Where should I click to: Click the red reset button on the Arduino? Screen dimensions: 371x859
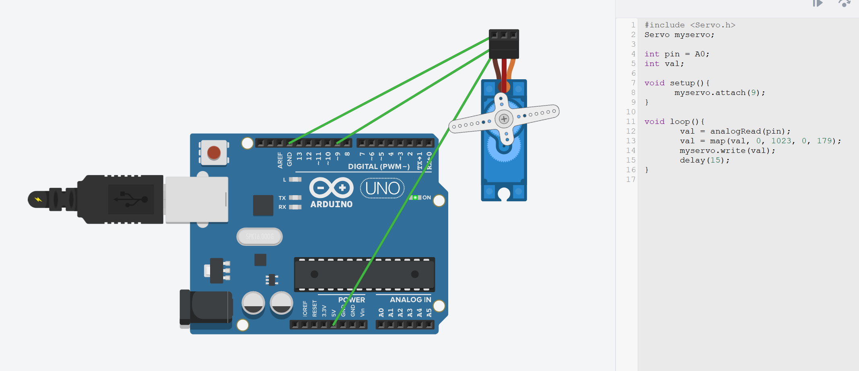(214, 153)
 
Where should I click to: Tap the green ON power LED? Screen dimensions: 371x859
(415, 198)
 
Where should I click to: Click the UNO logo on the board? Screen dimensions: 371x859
(382, 188)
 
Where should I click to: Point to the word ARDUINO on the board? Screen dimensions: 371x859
(331, 204)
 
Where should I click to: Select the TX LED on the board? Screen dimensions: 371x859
(295, 198)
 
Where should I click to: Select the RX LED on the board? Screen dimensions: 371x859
(295, 207)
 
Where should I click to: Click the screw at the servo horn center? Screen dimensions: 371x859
(504, 119)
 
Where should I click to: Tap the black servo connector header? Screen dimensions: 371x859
(504, 44)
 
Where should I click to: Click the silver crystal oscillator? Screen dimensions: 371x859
(260, 237)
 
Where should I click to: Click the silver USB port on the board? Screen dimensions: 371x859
(197, 200)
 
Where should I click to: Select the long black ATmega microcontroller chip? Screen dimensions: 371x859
(365, 274)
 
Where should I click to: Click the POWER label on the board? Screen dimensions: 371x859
(352, 300)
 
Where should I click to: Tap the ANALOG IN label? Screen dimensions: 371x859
(410, 300)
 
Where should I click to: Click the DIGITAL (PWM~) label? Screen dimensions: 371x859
(379, 167)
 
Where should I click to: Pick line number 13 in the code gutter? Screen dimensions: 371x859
(630, 141)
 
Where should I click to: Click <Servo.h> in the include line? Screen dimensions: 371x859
(713, 25)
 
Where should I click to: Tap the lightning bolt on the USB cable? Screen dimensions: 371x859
(38, 200)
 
